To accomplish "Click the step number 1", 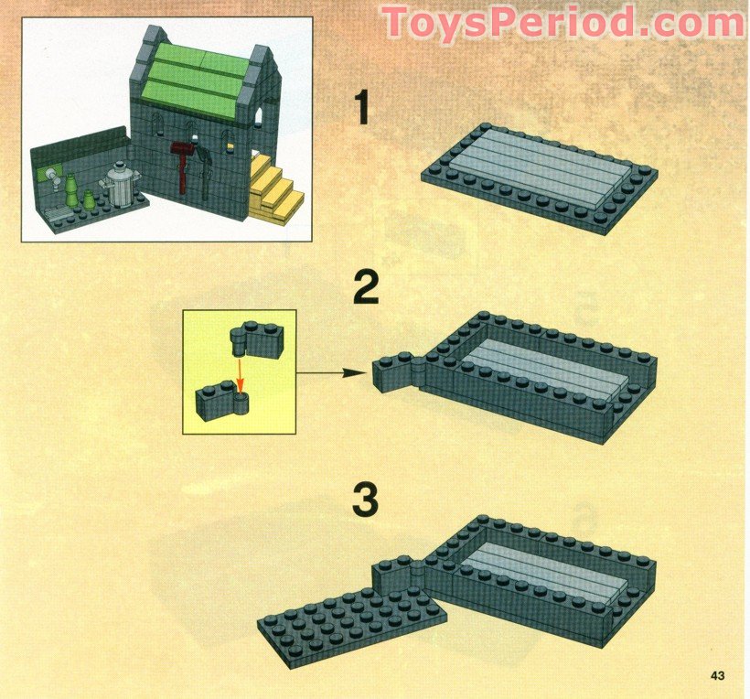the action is coord(362,108).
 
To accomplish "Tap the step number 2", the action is coord(367,287).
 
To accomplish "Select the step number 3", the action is coord(366,500).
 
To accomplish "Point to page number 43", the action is coord(717,675).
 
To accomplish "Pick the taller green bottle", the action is coord(71,190).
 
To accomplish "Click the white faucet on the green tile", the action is coord(54,179).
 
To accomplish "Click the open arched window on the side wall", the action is coord(258,117).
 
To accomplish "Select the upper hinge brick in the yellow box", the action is coord(256,339).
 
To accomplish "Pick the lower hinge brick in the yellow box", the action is coord(222,401).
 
